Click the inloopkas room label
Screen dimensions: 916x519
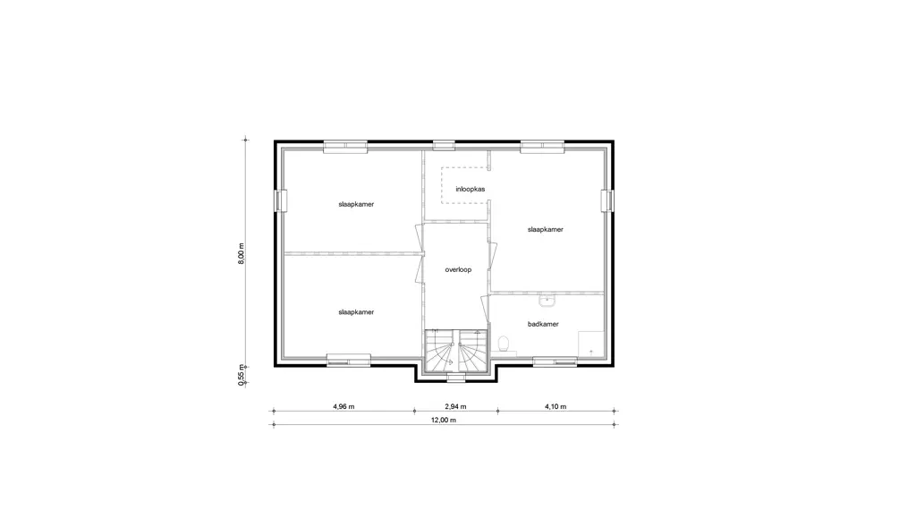(471, 190)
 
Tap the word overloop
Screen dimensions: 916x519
(458, 270)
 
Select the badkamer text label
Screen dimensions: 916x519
(543, 324)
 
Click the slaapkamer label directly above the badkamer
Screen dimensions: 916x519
(546, 230)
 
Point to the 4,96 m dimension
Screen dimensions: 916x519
(343, 407)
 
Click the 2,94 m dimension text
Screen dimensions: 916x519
(455, 407)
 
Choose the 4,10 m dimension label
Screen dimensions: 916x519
(556, 407)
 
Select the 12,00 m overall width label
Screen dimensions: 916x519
(444, 421)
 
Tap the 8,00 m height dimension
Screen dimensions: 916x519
(242, 253)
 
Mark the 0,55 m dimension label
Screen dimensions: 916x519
(242, 375)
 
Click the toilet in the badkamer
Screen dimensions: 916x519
(505, 345)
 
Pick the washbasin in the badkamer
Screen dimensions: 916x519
(547, 301)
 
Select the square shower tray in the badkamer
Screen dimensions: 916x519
(591, 345)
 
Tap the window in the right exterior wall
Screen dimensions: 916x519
(607, 200)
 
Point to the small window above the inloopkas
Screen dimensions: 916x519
(444, 146)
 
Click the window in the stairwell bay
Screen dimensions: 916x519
(455, 378)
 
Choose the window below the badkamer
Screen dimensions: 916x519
(555, 362)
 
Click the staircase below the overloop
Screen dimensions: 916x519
(455, 351)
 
